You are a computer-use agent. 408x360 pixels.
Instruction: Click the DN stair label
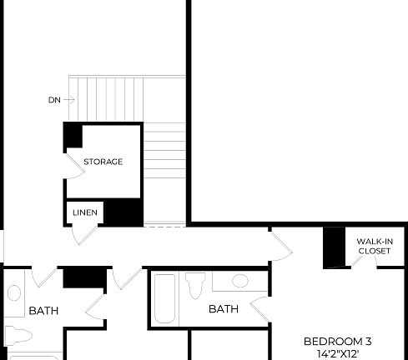click(54, 100)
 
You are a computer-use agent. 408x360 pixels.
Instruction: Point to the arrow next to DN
click(69, 100)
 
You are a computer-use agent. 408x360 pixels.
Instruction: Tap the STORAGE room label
click(103, 162)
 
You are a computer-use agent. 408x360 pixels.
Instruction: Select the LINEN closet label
click(83, 213)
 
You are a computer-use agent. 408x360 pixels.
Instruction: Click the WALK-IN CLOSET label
click(374, 246)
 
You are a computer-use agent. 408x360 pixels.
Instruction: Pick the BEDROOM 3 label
click(337, 341)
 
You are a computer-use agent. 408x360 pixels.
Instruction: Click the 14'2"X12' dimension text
click(337, 353)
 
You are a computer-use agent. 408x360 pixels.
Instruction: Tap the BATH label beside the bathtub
click(223, 309)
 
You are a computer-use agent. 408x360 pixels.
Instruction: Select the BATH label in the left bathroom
click(43, 311)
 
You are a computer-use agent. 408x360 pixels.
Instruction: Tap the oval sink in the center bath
click(239, 281)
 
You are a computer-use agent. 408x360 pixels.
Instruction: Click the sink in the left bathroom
click(14, 293)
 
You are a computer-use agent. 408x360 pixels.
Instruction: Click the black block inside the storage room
click(73, 136)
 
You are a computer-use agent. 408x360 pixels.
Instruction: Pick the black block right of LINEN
click(123, 212)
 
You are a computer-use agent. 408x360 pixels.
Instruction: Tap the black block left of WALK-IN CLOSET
click(335, 247)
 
